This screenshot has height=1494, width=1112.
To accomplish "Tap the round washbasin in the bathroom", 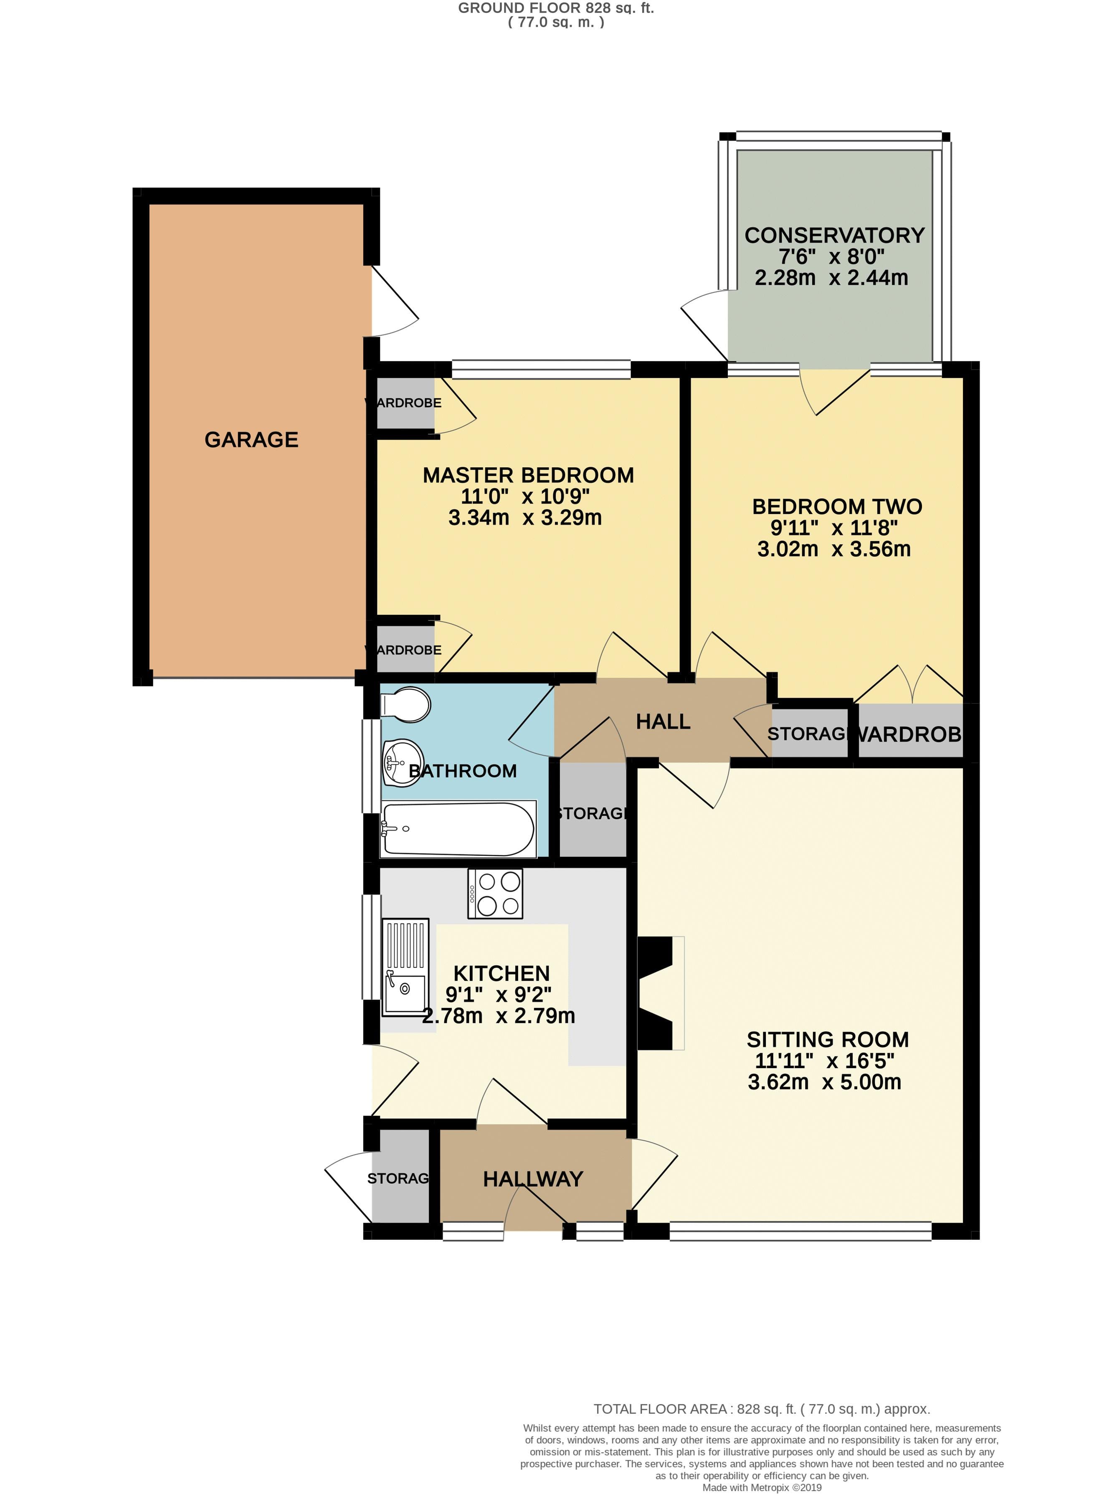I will [x=401, y=763].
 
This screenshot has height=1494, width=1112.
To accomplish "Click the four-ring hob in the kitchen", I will [x=495, y=894].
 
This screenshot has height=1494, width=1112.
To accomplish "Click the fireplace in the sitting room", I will [x=656, y=993].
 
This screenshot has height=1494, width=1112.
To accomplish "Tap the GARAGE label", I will [x=251, y=439].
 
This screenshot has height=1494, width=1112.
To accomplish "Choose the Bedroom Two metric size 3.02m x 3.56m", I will [x=833, y=549].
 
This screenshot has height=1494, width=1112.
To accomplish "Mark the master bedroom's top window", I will [x=541, y=369].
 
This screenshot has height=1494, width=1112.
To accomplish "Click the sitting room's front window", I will [x=800, y=1231].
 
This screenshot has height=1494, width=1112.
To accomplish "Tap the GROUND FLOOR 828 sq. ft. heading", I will [x=556, y=8].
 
